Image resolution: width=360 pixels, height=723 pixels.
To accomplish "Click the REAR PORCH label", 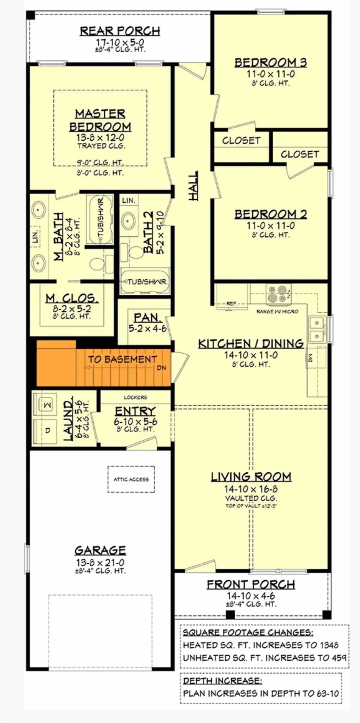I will coord(120,31).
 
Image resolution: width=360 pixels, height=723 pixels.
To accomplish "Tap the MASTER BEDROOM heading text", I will coord(100,120).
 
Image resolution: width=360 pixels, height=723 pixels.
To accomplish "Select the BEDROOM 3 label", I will coord(270,62).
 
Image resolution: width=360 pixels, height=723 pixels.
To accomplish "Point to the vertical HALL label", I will coord(193,186).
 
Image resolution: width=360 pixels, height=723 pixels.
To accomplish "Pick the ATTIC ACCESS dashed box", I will coord(131,479).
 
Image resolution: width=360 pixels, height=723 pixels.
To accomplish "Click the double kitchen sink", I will coord(317,330).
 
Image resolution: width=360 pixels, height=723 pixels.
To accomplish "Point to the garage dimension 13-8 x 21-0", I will coord(100,562).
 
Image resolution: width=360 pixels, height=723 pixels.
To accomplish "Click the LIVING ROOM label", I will coord(251,477).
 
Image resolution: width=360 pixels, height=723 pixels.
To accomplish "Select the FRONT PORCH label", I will coord(251,585).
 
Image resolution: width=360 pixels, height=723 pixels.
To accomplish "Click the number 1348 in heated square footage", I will coord(329,645).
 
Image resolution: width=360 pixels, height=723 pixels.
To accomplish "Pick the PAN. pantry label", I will coord(147,318).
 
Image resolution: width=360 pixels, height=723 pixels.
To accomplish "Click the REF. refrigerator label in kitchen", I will coord(231,304).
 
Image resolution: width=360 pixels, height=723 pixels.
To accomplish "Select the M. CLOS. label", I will coord(72,298).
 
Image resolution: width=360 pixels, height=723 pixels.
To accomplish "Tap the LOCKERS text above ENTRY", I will coord(135,397).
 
